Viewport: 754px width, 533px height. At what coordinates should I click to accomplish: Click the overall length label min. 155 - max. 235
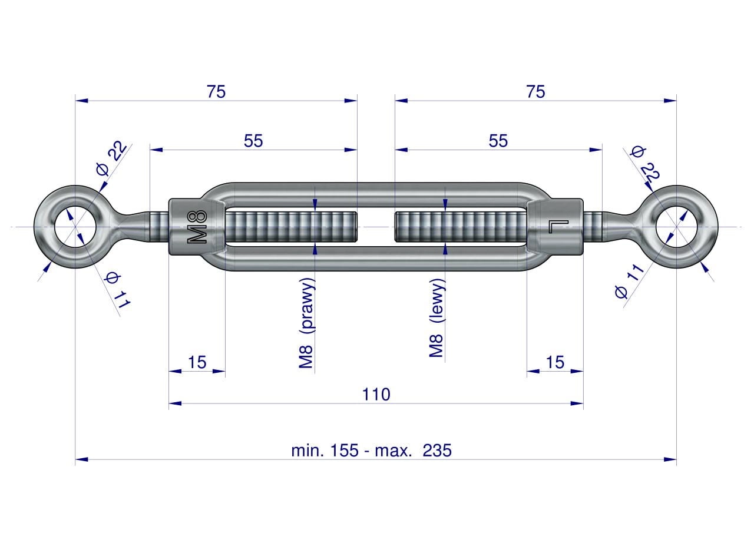pyautogui.click(x=371, y=450)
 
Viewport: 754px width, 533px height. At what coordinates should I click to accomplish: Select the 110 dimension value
pyautogui.click(x=376, y=395)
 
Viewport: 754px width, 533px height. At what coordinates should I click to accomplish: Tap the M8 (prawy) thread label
pyautogui.click(x=306, y=323)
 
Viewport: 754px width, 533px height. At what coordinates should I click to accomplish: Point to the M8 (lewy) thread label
pyautogui.click(x=437, y=317)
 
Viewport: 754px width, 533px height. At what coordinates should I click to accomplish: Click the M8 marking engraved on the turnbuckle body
pyautogui.click(x=197, y=227)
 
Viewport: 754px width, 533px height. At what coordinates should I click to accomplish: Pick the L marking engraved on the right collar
pyautogui.click(x=558, y=227)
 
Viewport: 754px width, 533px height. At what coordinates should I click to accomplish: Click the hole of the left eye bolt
pyautogui.click(x=75, y=227)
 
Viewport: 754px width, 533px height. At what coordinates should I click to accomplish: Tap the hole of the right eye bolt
pyautogui.click(x=677, y=227)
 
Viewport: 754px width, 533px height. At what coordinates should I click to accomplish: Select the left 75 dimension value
pyautogui.click(x=216, y=91)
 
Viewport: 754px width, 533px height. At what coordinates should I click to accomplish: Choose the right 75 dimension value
pyautogui.click(x=535, y=91)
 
